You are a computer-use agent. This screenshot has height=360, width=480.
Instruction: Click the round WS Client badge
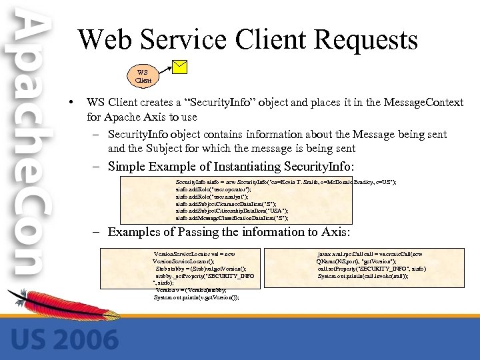point(143,75)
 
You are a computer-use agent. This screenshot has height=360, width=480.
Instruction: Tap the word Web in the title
point(107,40)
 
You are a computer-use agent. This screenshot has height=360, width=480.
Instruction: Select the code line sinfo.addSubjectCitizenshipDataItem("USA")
point(232,211)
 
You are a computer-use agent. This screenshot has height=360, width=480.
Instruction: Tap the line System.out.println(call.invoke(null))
point(363,275)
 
